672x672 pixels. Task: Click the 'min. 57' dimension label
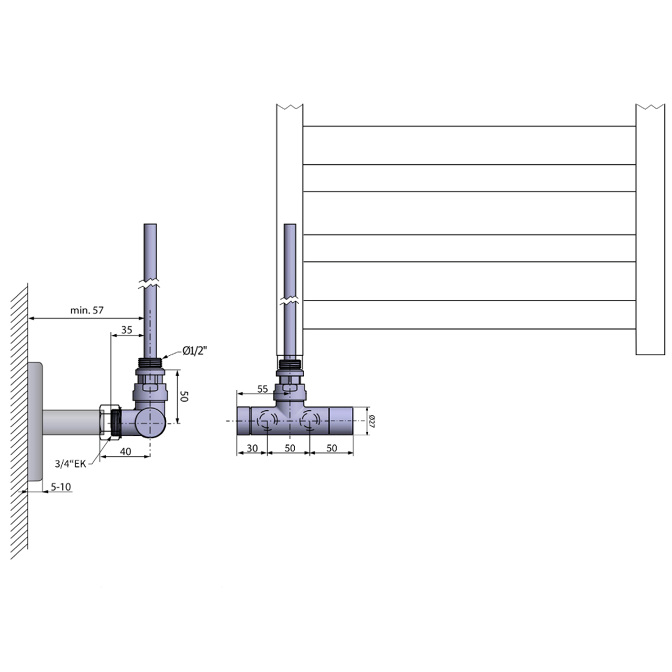pyautogui.click(x=86, y=310)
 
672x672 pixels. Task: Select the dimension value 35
pyautogui.click(x=127, y=330)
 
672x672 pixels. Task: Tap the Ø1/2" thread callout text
pyautogui.click(x=195, y=351)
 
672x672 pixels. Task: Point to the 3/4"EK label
pyautogui.click(x=70, y=464)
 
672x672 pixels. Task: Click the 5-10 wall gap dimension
pyautogui.click(x=60, y=487)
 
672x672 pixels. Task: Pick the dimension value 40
pyautogui.click(x=126, y=451)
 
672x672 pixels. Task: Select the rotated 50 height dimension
pyautogui.click(x=184, y=396)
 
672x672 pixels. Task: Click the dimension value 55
pyautogui.click(x=263, y=389)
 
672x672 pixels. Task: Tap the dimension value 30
pyautogui.click(x=252, y=448)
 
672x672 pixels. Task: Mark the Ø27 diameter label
pyautogui.click(x=372, y=421)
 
